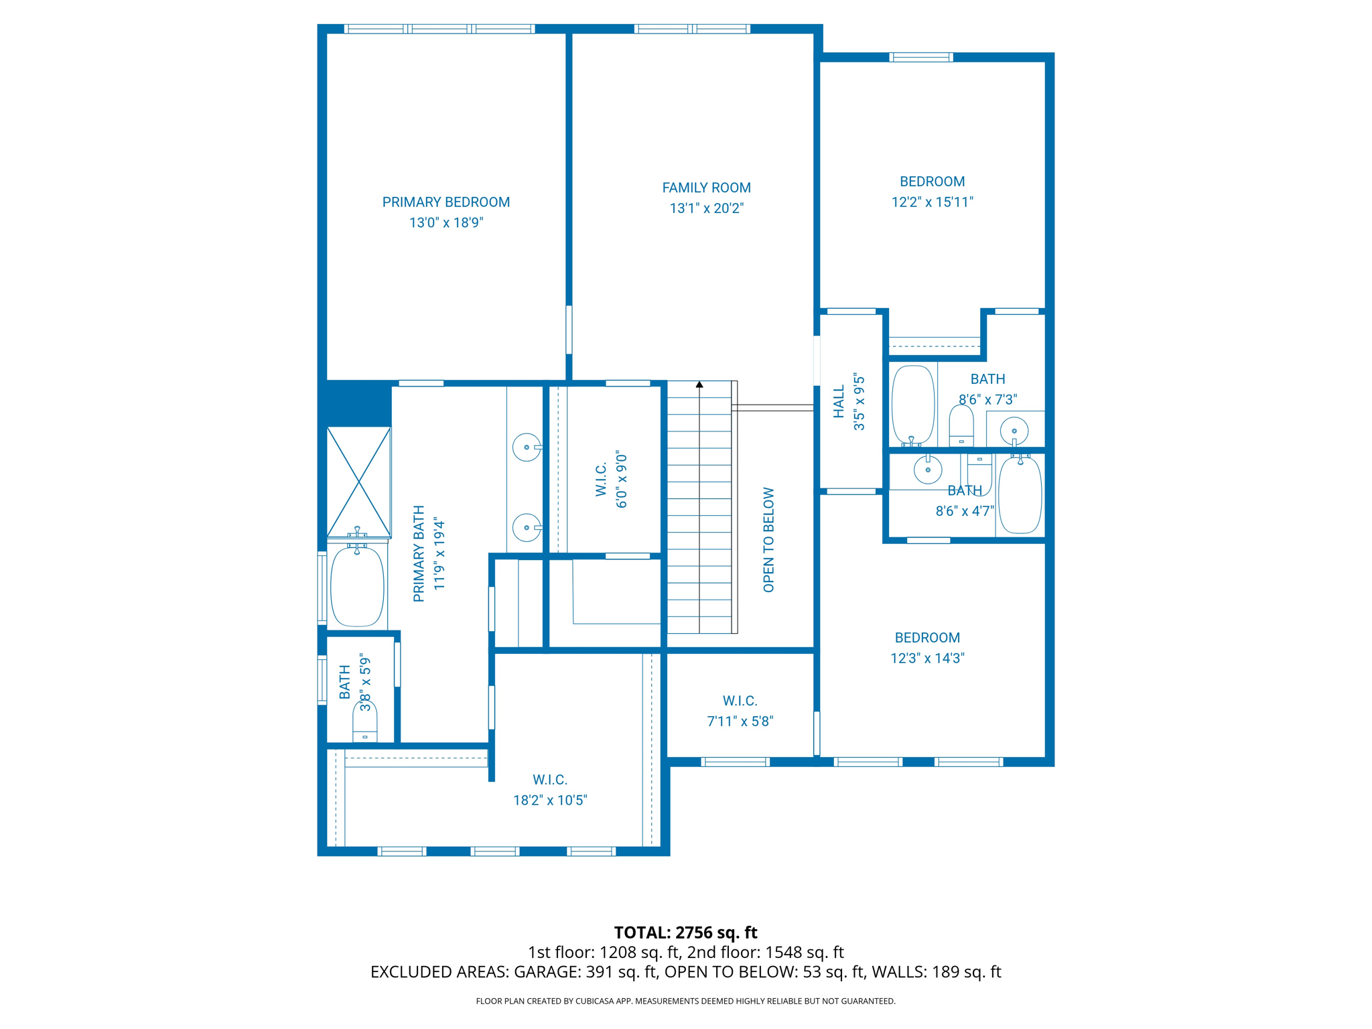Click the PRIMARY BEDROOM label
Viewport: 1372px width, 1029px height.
[445, 202]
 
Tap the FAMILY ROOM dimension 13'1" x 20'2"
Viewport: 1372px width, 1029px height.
[706, 208]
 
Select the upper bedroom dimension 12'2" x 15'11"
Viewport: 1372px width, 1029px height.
[932, 202]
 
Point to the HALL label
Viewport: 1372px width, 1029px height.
[839, 401]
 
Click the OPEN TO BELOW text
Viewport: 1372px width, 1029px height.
[768, 539]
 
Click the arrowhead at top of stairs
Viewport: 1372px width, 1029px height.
[699, 385]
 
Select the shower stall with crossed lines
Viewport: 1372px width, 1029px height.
[358, 482]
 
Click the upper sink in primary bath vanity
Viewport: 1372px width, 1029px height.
[527, 447]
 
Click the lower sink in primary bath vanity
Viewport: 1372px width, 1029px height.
[527, 528]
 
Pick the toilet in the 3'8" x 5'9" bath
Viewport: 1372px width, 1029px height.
[364, 724]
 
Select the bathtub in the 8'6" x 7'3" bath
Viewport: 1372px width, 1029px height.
[912, 405]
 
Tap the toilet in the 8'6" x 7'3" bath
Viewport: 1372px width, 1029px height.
[961, 426]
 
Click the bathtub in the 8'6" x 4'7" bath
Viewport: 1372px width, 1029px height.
[1020, 495]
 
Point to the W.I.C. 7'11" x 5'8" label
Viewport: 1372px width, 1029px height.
[740, 701]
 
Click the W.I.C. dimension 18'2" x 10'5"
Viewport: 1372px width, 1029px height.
[550, 800]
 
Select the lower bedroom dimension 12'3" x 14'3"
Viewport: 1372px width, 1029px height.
[927, 658]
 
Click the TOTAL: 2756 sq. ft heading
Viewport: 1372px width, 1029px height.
[685, 932]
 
